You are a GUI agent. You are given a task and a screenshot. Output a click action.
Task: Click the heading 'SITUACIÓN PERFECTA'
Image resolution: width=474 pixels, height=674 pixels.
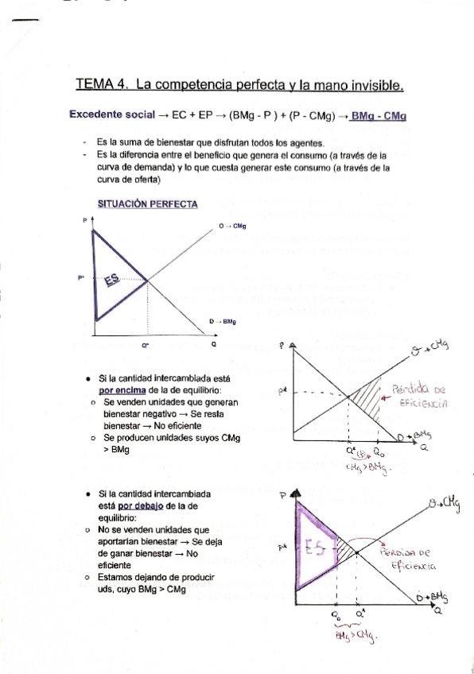tap(147, 204)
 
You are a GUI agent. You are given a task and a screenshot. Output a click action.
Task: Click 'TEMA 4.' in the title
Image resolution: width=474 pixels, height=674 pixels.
tap(102, 83)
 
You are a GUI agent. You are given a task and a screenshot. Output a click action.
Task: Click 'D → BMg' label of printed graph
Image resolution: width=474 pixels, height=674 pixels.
tap(223, 322)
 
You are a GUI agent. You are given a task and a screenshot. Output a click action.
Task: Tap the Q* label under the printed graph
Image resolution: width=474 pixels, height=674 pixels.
tap(146, 346)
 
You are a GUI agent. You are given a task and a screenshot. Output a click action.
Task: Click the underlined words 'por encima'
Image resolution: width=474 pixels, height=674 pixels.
tap(121, 390)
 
